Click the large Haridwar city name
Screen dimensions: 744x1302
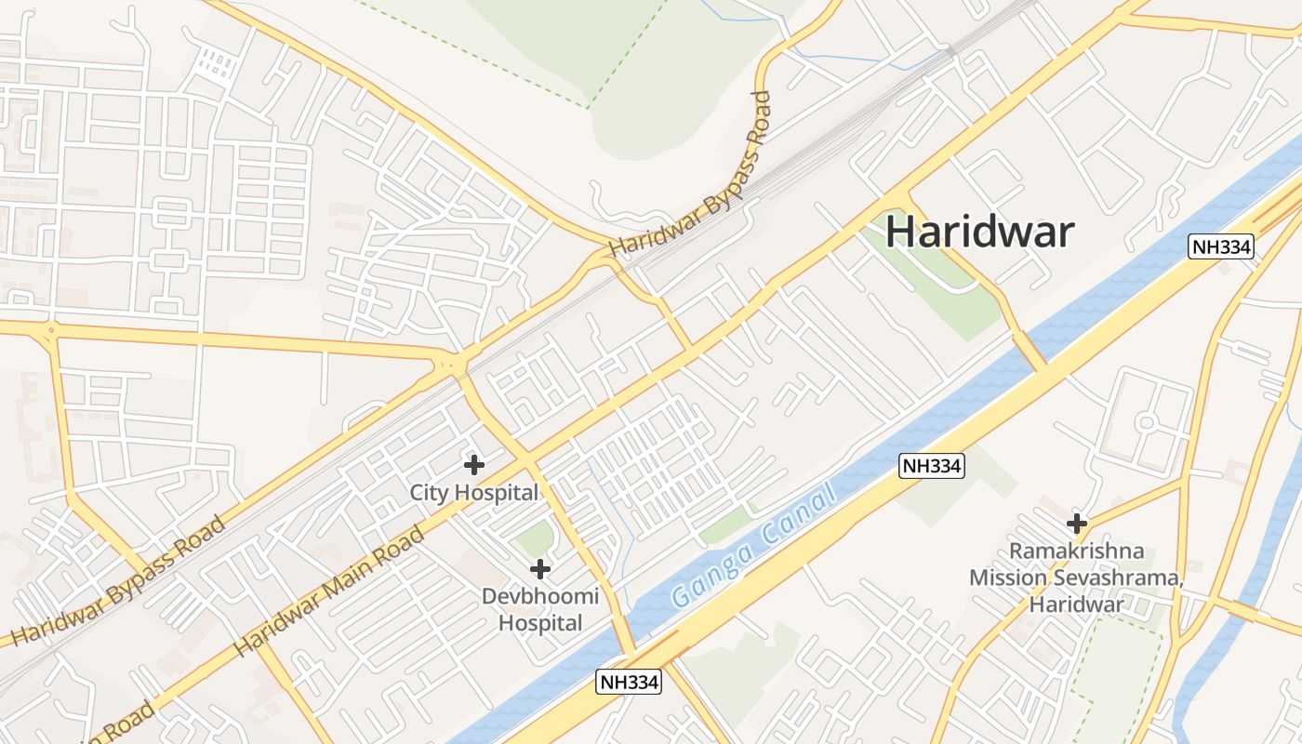(979, 232)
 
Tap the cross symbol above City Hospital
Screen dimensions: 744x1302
(474, 464)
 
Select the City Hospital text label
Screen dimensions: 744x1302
(474, 493)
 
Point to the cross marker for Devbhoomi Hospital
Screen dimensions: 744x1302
(539, 568)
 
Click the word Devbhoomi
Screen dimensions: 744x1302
(539, 596)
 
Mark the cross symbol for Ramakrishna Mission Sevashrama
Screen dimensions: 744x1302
(1077, 524)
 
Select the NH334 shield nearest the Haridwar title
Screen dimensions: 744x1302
(1221, 246)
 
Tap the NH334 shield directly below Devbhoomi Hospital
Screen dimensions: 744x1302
(629, 682)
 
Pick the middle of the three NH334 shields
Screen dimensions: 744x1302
(931, 466)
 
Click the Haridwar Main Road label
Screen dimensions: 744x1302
(330, 591)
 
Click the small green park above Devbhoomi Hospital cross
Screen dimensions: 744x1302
(534, 538)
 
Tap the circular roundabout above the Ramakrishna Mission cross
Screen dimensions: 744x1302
(1146, 423)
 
